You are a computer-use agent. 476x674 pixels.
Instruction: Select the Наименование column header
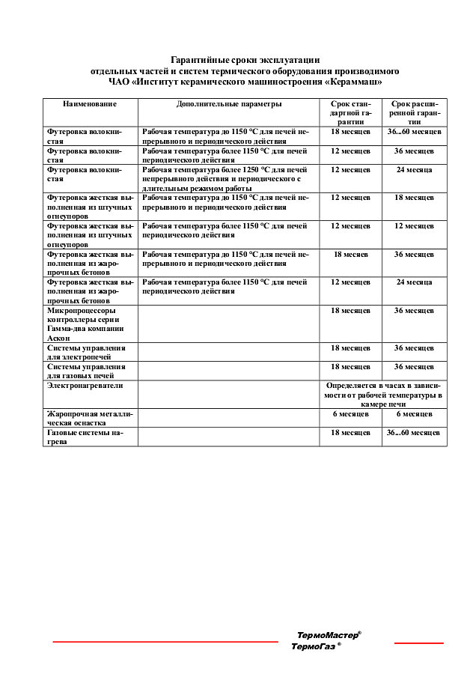90,104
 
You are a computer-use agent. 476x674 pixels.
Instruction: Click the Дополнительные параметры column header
229,104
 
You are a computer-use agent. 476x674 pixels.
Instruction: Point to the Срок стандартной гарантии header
350,112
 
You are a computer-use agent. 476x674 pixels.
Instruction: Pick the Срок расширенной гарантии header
414,112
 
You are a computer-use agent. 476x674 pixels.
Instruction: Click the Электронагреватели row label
85,385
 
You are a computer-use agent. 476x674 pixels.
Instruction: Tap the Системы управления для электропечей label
86,353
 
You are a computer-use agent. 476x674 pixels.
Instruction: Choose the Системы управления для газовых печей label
86,371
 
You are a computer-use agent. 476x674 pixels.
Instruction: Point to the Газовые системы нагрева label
85,437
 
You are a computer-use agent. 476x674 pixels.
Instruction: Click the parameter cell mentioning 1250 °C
225,179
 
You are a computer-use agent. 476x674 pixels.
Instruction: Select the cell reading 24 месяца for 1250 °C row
414,170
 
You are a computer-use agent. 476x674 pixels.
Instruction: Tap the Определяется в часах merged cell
382,393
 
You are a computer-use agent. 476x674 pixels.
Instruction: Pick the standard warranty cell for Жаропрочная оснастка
350,413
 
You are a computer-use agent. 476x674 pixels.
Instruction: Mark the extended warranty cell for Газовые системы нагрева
414,432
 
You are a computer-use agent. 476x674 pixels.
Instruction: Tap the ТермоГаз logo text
315,646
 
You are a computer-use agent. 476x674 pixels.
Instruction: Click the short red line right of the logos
418,643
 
